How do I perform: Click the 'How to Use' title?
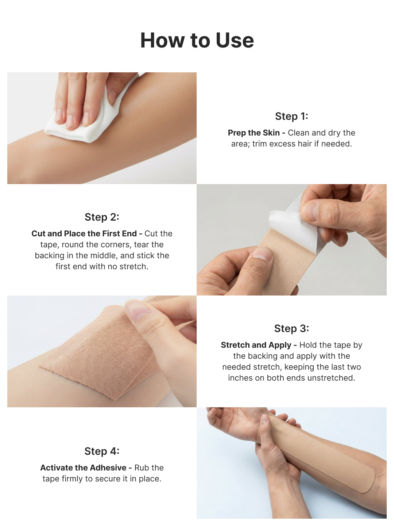pyautogui.click(x=197, y=40)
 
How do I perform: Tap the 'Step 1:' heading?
pyautogui.click(x=291, y=116)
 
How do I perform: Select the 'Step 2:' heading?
pyautogui.click(x=102, y=217)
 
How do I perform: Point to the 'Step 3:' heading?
pyautogui.click(x=291, y=328)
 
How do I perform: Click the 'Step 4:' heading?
pyautogui.click(x=102, y=451)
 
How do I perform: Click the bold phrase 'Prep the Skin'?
pyautogui.click(x=254, y=133)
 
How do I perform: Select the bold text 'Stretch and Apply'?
pyautogui.click(x=256, y=345)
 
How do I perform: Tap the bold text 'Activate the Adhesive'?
pyautogui.click(x=83, y=468)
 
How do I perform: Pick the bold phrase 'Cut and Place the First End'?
pyautogui.click(x=84, y=234)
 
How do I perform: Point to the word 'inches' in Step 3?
pyautogui.click(x=240, y=378)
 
